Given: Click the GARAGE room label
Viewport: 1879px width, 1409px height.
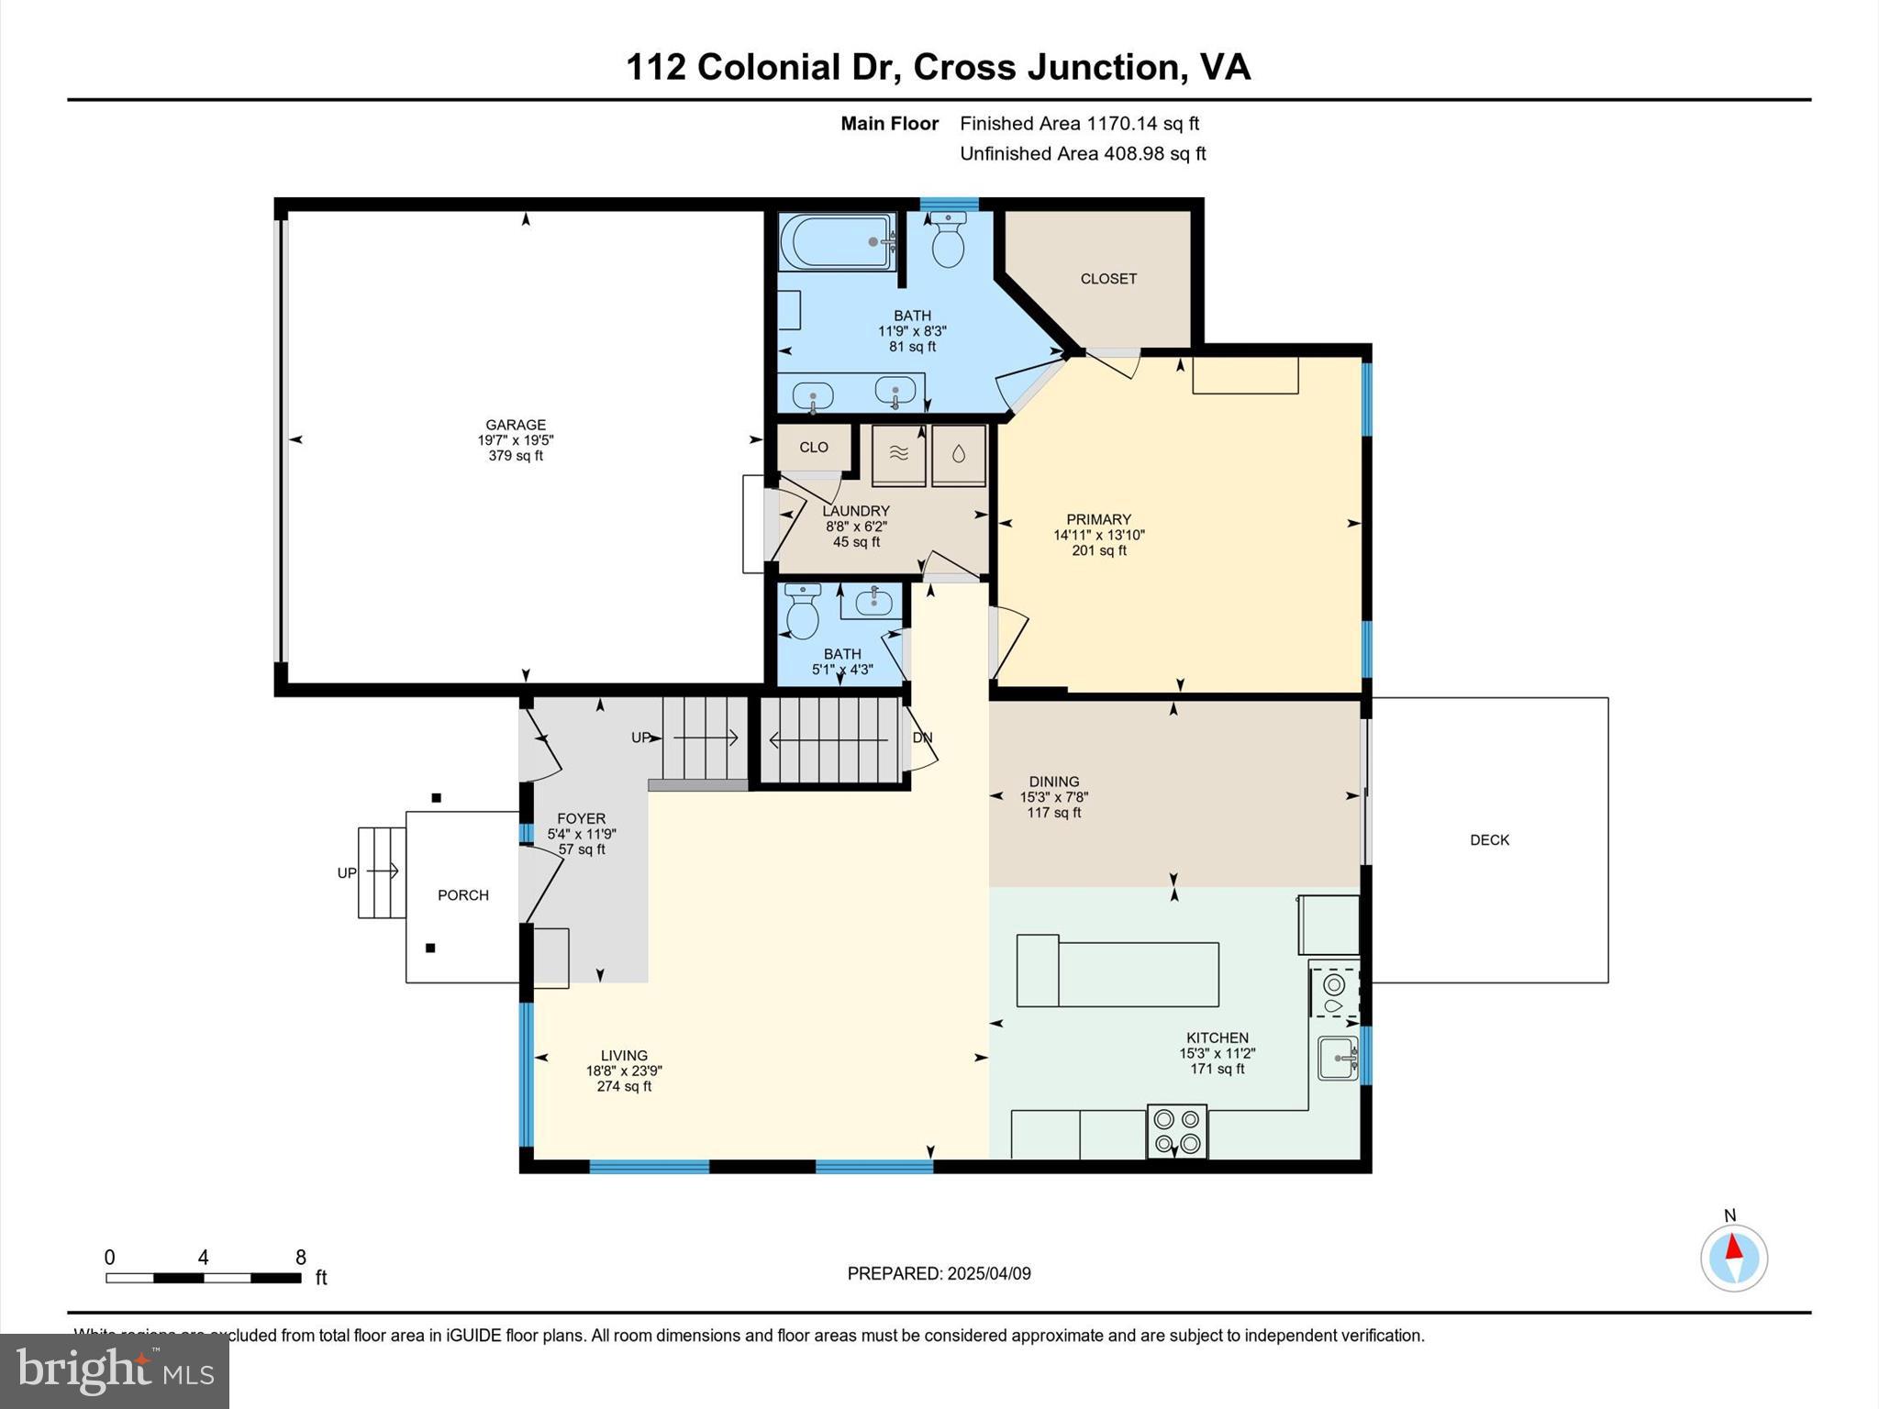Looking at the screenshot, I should click(515, 425).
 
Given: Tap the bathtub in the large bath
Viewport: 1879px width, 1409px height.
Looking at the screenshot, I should click(836, 241).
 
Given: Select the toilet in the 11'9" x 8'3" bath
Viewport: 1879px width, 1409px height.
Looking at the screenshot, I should click(947, 239).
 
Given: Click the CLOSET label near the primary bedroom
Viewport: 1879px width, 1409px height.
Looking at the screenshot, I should click(1108, 279).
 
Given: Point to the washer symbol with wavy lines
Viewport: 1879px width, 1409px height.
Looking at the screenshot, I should click(898, 453).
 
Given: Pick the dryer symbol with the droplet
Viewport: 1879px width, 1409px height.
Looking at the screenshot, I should click(959, 453).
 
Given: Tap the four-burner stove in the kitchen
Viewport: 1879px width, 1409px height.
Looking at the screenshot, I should click(1177, 1132).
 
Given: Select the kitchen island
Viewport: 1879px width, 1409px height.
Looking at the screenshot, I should click(1117, 971).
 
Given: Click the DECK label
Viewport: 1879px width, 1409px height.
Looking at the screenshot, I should click(1489, 840).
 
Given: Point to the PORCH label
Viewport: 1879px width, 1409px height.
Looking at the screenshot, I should click(463, 895).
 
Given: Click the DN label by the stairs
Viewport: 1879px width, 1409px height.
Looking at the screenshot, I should click(922, 738).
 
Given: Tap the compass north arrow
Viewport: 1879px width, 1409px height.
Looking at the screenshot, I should click(1733, 1249).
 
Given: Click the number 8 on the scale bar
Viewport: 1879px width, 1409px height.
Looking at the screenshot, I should click(300, 1258).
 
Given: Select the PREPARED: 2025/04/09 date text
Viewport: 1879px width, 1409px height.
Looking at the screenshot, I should click(939, 1273).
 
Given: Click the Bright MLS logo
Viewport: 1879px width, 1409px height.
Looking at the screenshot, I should click(114, 1370).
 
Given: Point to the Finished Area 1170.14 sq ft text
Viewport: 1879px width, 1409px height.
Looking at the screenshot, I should click(1079, 123).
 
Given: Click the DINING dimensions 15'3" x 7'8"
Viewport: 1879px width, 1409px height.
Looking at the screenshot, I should click(1054, 797).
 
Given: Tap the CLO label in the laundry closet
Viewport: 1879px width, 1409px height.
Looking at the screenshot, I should click(813, 447).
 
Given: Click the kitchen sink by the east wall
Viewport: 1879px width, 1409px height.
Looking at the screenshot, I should click(1338, 1059).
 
